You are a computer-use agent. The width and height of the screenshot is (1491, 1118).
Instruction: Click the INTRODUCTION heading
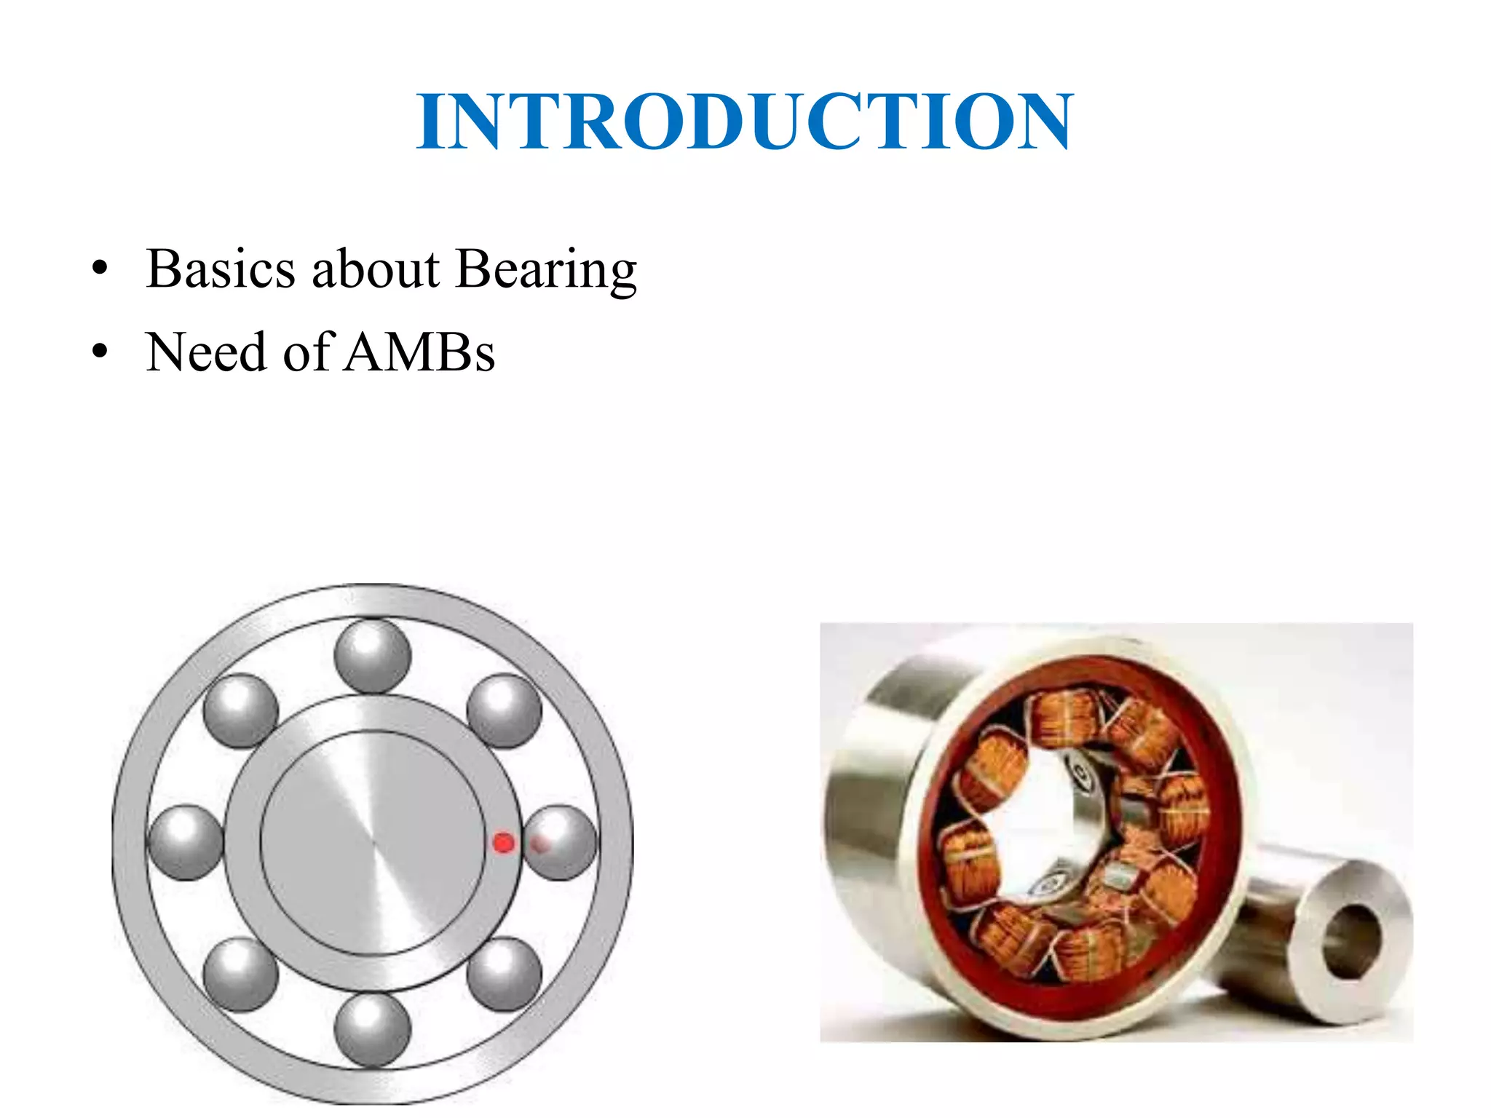pos(745,122)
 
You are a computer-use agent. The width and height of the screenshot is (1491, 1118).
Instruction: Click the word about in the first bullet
pos(376,269)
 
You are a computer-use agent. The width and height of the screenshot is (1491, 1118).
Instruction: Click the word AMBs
pos(420,353)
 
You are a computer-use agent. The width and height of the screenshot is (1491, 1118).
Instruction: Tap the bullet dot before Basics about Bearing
pos(100,269)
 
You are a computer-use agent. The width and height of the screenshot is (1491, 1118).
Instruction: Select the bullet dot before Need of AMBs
pos(100,353)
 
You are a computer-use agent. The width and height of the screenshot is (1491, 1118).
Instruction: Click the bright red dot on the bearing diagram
pos(504,843)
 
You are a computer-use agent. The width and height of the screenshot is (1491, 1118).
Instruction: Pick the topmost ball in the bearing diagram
pos(373,656)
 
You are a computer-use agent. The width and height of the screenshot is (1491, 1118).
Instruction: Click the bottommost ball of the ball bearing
pos(373,1030)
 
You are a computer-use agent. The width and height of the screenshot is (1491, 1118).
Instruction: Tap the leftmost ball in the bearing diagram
pos(185,843)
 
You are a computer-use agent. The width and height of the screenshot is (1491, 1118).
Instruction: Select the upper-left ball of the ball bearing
pos(240,711)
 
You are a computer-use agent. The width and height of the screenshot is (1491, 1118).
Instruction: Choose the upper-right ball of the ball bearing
pos(504,711)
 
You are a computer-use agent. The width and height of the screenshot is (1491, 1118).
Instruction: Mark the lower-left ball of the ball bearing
pos(240,975)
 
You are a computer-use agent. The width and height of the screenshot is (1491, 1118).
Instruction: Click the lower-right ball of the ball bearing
pos(504,975)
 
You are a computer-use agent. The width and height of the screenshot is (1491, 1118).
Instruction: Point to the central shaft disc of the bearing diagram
pos(373,843)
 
